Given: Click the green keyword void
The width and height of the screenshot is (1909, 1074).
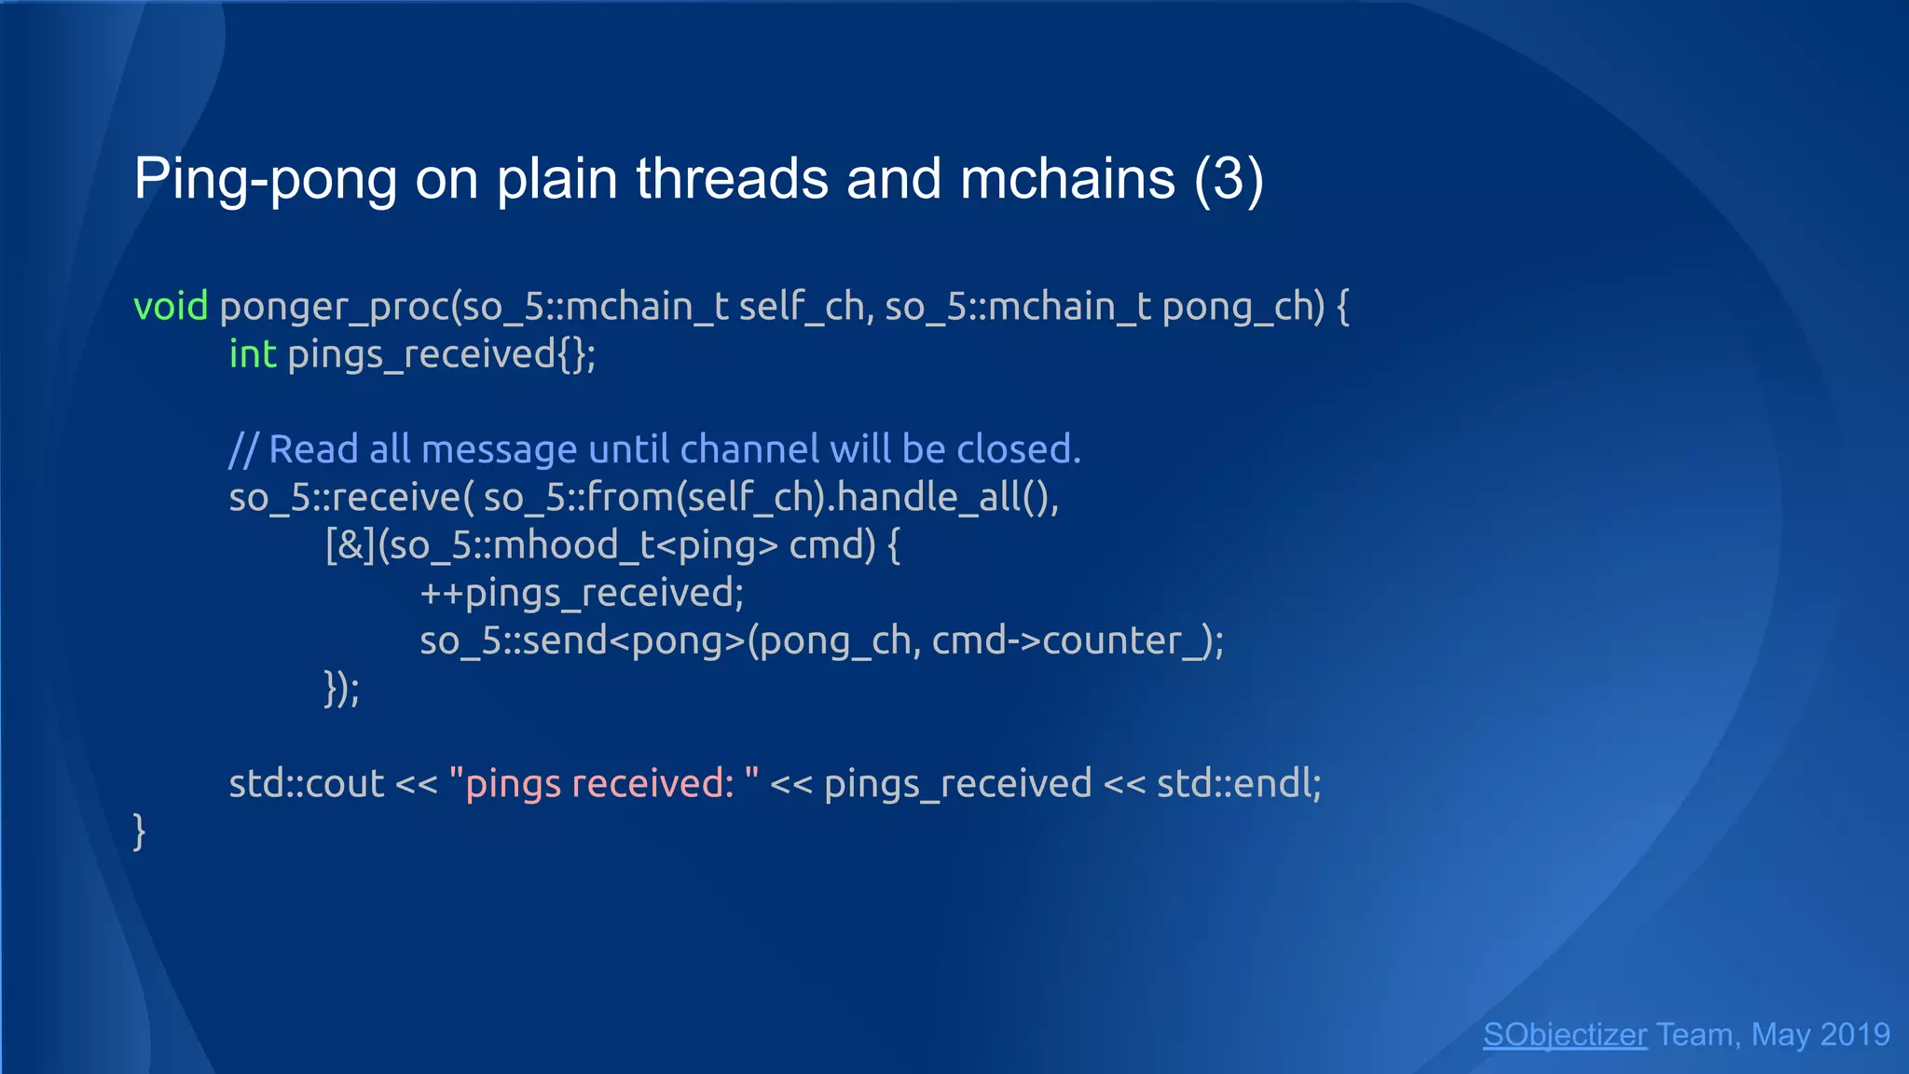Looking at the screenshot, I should coord(171,307).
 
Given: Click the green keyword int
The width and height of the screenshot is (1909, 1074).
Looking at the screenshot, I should coord(253,354).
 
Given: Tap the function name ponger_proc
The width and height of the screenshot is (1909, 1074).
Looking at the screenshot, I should coord(334,307).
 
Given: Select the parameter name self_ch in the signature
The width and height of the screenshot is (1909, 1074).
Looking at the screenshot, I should coord(802,307).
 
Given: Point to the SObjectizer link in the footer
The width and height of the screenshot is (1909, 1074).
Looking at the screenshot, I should coord(1564,1035).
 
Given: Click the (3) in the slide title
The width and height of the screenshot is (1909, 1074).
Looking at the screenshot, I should coord(1229,178).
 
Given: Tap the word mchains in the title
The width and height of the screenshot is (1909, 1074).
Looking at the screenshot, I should coord(1067,178).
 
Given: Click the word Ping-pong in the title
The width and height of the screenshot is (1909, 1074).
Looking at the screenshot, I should coord(265,178).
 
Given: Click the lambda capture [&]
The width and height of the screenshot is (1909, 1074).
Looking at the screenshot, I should coord(350,545).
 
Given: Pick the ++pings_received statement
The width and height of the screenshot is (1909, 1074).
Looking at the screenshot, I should coord(581,593).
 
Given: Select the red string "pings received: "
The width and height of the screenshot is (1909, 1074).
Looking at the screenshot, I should coord(603,783).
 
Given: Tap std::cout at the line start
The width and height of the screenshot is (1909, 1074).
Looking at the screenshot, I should coord(306,783).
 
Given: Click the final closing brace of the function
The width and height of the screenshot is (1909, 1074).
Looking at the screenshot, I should coord(140,831).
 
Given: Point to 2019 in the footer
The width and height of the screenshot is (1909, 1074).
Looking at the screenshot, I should coord(1854,1035).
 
